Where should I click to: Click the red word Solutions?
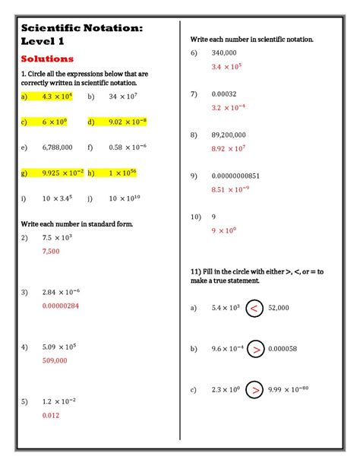click(47, 59)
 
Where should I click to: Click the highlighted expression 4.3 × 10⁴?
click(56, 97)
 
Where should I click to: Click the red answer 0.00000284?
click(61, 306)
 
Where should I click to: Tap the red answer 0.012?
click(51, 415)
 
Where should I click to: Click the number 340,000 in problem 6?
click(224, 52)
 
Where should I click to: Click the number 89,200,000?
click(229, 135)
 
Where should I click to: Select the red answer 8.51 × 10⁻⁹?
click(230, 189)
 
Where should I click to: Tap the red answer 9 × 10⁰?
click(224, 230)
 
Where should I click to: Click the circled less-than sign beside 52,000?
click(256, 308)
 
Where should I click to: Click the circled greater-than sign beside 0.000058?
click(256, 349)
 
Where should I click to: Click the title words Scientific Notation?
click(82, 27)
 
